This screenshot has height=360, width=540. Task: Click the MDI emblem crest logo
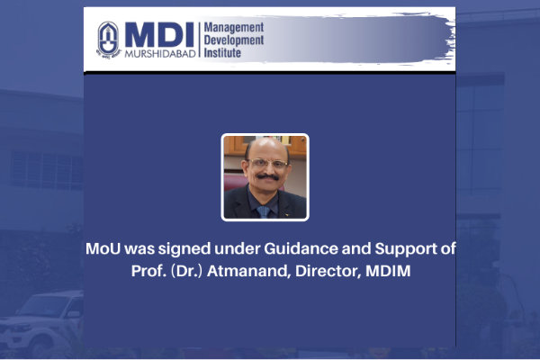[x=109, y=40]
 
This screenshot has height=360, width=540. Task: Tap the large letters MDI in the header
[x=159, y=35]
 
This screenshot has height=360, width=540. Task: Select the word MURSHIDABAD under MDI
[x=160, y=54]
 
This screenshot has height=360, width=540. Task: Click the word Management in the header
[x=234, y=27]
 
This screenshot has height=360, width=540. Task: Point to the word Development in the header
[x=234, y=40]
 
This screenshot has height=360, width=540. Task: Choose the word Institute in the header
[x=222, y=53]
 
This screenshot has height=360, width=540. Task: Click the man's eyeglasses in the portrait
[x=267, y=163]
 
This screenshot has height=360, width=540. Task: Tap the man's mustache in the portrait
[x=267, y=177]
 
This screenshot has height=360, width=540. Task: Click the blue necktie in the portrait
[x=264, y=211]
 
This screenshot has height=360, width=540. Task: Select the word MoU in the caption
[x=103, y=248]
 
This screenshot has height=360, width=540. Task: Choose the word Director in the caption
[x=328, y=271]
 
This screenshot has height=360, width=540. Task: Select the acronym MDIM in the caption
[x=388, y=271]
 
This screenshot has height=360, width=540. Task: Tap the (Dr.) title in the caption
[x=186, y=271]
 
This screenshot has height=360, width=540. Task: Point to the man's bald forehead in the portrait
[x=267, y=148]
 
